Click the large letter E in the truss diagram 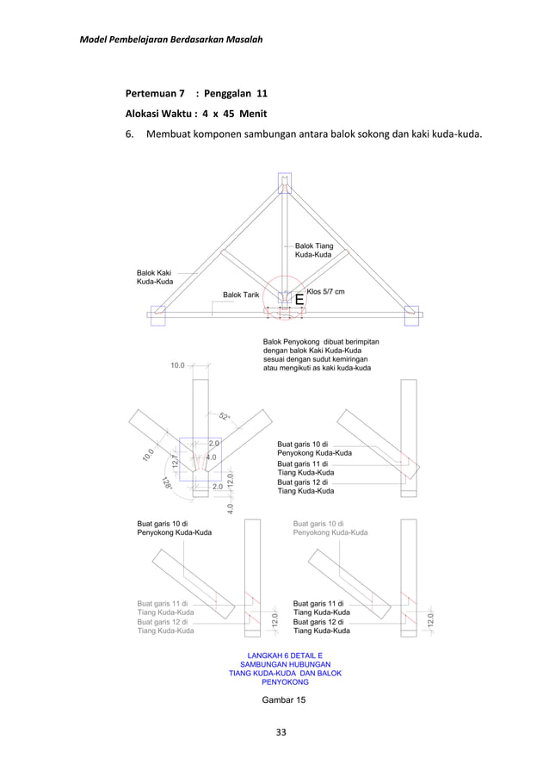point(299,300)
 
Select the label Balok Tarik point(241,295)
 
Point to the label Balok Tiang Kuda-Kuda point(314,251)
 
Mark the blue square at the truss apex point(284,183)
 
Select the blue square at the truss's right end point(410,315)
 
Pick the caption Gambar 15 point(283,700)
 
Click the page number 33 point(281,733)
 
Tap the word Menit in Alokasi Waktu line point(249,114)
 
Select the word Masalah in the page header point(242,40)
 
